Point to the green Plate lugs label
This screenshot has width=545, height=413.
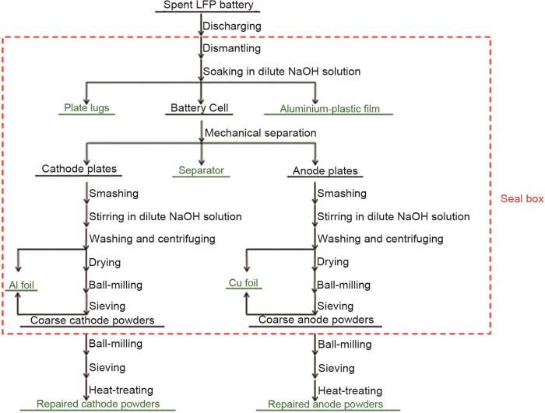point(86,109)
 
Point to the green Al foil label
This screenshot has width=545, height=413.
point(24,285)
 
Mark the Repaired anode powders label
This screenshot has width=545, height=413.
point(325,404)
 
